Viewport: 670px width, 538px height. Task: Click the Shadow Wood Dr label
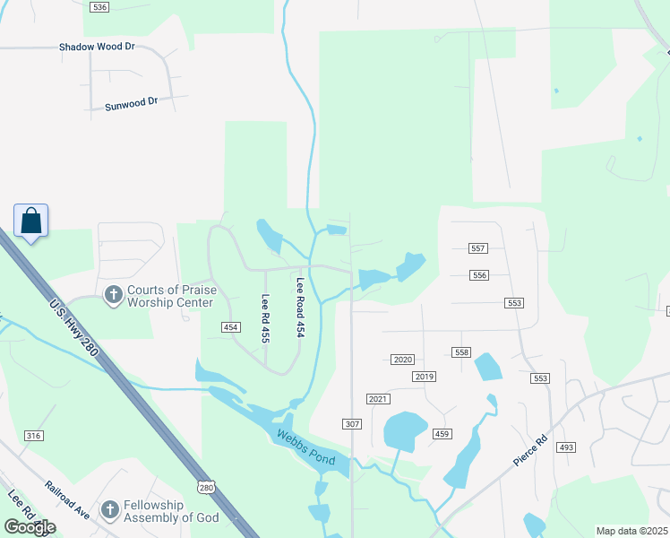coord(96,46)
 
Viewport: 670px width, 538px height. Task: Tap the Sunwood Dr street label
coord(130,102)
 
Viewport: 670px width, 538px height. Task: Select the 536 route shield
coord(99,7)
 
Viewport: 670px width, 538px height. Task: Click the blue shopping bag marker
coord(30,221)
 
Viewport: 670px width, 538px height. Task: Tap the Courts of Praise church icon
coord(114,294)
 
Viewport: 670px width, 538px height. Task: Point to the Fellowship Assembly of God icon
coord(109,510)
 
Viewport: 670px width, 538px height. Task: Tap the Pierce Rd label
coord(529,451)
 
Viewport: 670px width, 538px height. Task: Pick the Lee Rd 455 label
coord(265,318)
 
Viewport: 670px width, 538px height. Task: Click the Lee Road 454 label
coord(301,307)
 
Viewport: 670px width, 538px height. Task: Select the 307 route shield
coord(351,422)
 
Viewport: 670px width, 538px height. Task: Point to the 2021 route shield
coord(377,398)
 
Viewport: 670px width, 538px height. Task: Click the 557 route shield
coord(478,248)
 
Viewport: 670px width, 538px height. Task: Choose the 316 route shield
coord(34,436)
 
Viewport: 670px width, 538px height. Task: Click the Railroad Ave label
coord(68,499)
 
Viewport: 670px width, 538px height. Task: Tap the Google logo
coord(30,526)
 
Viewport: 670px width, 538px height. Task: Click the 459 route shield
coord(442,434)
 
